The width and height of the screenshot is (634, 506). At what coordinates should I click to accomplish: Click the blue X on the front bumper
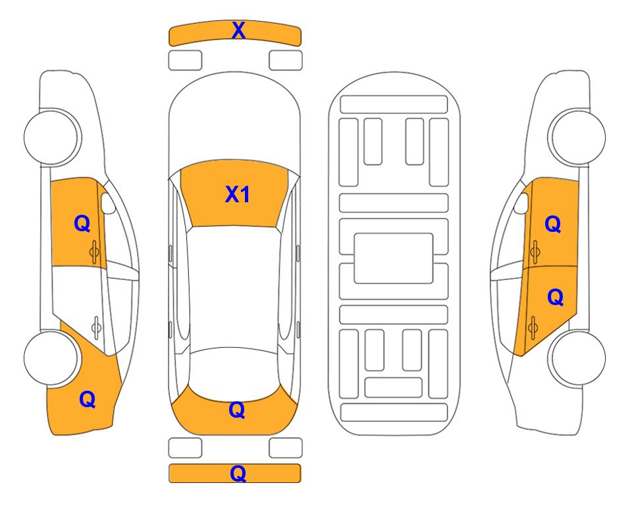(238, 30)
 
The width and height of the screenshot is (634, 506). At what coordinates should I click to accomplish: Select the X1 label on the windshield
(238, 194)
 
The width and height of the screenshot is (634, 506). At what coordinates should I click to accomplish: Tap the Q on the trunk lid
(237, 410)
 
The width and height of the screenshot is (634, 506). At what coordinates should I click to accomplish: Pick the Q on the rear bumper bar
(238, 473)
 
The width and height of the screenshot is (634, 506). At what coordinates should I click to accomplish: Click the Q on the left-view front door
(82, 223)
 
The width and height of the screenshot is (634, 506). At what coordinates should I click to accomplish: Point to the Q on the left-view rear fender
(88, 399)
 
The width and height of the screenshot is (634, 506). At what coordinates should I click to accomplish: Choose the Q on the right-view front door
(553, 224)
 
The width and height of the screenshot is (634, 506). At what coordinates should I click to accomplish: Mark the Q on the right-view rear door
(555, 298)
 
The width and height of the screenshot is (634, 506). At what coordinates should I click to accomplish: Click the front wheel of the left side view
(52, 137)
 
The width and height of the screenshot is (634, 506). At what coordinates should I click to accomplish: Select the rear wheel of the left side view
(51, 358)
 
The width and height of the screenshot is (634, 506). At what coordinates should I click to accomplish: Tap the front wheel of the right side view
(577, 137)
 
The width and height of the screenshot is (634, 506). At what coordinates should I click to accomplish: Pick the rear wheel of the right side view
(577, 358)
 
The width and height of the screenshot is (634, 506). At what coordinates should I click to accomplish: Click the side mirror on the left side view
(108, 203)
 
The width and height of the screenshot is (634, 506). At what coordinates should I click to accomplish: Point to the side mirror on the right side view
(521, 203)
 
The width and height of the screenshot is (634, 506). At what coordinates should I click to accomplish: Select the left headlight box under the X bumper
(185, 61)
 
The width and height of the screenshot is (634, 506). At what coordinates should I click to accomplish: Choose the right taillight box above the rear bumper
(286, 448)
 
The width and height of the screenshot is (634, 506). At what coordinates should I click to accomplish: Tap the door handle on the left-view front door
(94, 252)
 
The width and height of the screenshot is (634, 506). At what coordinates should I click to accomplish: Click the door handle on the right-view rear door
(533, 327)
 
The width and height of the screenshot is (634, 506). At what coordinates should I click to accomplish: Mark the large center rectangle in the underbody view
(394, 258)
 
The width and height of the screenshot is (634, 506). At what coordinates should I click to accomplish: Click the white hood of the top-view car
(234, 121)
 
